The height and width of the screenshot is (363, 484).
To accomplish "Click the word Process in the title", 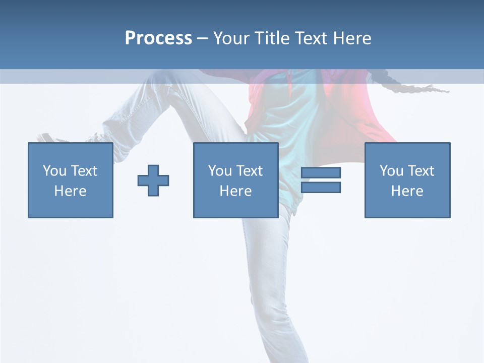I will tap(158, 38).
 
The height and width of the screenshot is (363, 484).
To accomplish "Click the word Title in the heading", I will tap(273, 38).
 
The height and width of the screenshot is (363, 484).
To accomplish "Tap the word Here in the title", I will tap(352, 38).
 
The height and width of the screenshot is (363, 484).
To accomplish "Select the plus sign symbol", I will tap(153, 180).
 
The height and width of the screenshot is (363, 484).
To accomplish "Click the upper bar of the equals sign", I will tap(321, 172).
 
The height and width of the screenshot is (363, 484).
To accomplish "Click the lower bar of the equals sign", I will tap(321, 187).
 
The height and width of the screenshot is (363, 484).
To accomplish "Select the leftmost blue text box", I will tap(71, 180).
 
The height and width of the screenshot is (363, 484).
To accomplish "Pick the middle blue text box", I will tap(235, 180).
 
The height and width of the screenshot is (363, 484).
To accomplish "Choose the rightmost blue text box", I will tap(407, 180).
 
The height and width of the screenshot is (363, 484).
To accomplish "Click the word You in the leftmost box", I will tap(54, 171).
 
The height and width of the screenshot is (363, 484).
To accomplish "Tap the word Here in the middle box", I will tap(235, 191).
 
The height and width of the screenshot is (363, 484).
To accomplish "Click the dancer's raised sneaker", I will tap(51, 138).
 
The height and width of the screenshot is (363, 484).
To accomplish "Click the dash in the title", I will tap(203, 38).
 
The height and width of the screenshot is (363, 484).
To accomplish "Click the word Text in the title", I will tap(312, 38).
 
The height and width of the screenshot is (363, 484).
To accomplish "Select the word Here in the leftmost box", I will tap(71, 191).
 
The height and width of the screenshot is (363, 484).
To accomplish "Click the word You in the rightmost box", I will tap(392, 171).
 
